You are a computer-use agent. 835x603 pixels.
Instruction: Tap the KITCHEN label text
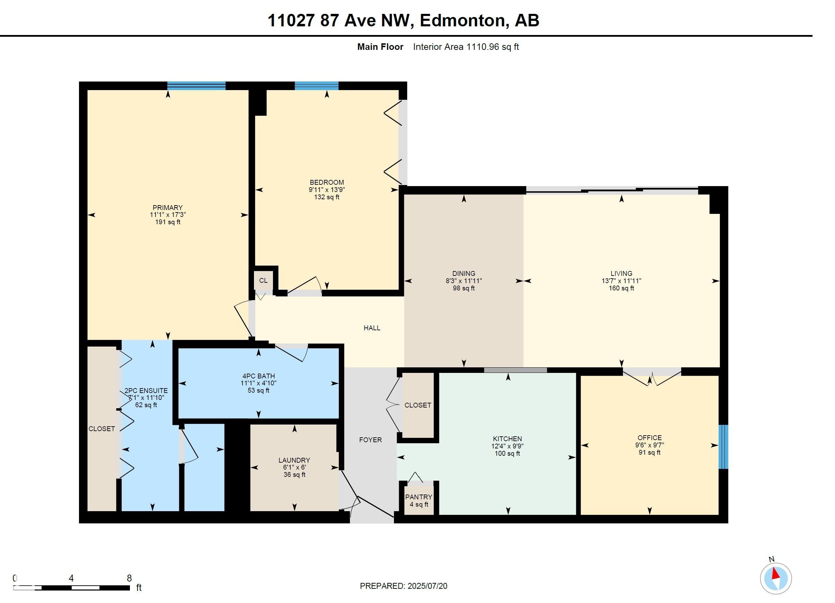[507, 439]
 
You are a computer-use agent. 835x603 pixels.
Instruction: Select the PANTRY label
[419, 497]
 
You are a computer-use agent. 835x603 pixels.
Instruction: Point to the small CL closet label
[263, 280]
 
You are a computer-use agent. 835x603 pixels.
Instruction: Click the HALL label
[372, 328]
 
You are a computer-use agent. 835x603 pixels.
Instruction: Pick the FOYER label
[370, 440]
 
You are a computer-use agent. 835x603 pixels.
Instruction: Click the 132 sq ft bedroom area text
[327, 197]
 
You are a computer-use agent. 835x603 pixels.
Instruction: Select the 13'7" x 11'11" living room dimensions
[622, 281]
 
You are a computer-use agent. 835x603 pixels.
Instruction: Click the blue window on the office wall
[723, 447]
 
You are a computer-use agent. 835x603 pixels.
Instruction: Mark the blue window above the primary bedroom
[196, 86]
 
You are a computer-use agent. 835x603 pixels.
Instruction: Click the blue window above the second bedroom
[317, 86]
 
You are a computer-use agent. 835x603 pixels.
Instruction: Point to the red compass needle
[776, 574]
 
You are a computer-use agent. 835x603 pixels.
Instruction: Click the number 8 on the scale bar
[129, 578]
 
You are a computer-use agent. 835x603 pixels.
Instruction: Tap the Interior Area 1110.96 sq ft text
[466, 47]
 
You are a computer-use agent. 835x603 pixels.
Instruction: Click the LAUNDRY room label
[294, 460]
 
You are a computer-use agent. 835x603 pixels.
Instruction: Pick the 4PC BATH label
[258, 376]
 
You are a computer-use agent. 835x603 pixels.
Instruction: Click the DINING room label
[464, 273]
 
